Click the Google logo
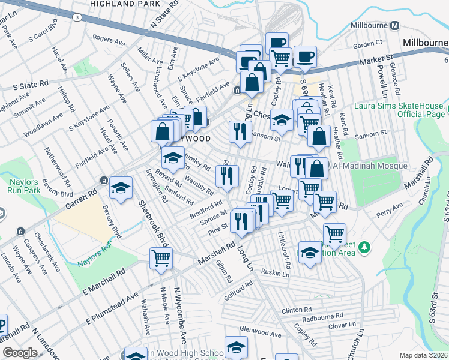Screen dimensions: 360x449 pyautogui.click(x=20, y=353)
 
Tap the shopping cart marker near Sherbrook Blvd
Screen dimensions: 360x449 pyautogui.click(x=161, y=259)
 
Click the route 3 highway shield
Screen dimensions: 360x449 pyautogui.click(x=77, y=17)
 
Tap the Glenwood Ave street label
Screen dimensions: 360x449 pyautogui.click(x=260, y=334)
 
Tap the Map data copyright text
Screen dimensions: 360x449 pyautogui.click(x=424, y=355)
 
